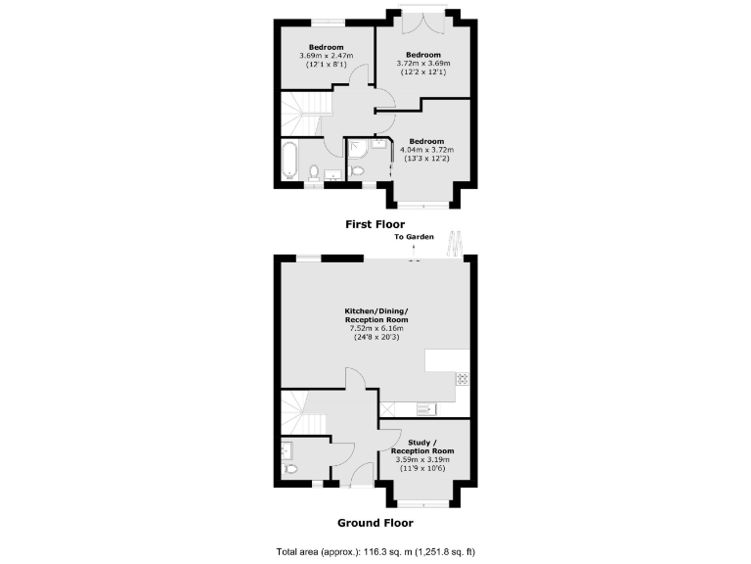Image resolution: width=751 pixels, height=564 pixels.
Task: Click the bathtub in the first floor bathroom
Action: pyautogui.click(x=290, y=160)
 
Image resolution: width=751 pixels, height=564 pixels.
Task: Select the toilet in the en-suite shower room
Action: pyautogui.click(x=357, y=172)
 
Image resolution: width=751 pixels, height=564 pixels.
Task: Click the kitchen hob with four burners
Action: pyautogui.click(x=462, y=379)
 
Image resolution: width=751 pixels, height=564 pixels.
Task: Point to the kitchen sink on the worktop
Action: pyautogui.click(x=428, y=408)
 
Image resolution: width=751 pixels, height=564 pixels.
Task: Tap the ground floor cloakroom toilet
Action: pyautogui.click(x=290, y=469)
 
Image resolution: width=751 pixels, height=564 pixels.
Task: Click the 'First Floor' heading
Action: pyautogui.click(x=375, y=224)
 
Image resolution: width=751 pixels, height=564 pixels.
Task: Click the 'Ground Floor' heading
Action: pyautogui.click(x=375, y=523)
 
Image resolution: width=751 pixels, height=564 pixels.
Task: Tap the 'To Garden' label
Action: pyautogui.click(x=414, y=238)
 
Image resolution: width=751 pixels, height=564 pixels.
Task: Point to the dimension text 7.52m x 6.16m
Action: pyautogui.click(x=376, y=329)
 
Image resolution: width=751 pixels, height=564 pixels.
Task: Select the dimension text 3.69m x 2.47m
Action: pyautogui.click(x=326, y=56)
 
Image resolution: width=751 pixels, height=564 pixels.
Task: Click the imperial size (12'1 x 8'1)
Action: pyautogui.click(x=326, y=64)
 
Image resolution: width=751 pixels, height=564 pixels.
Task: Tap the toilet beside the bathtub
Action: pyautogui.click(x=315, y=173)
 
